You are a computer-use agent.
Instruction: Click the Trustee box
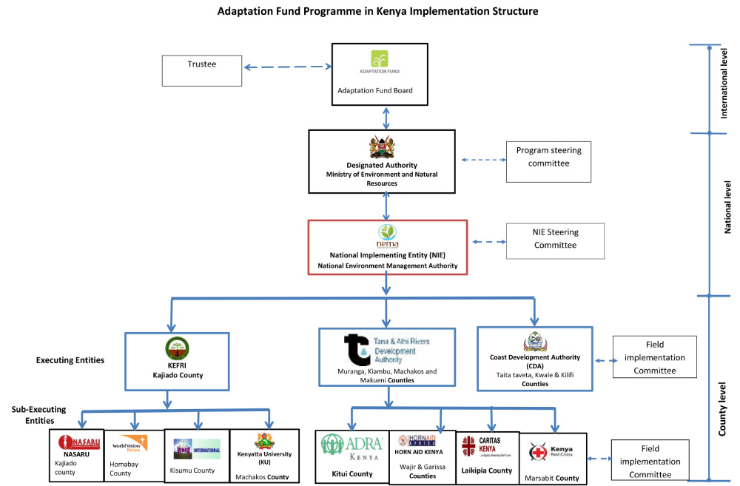click(x=202, y=69)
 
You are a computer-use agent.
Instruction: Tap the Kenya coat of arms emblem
click(x=382, y=147)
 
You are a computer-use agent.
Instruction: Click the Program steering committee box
click(x=548, y=163)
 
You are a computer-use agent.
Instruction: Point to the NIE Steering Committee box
click(x=555, y=240)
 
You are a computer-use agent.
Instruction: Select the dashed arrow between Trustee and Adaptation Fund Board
click(x=287, y=68)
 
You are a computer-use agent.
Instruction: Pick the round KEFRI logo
click(x=177, y=348)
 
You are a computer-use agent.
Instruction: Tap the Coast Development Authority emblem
click(x=534, y=342)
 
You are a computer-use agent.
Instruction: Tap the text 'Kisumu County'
click(x=193, y=470)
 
